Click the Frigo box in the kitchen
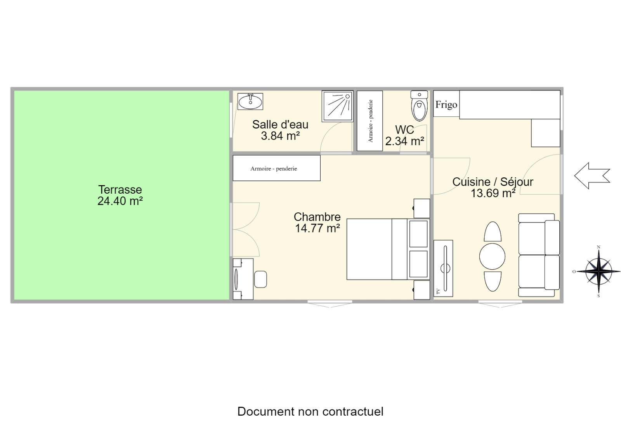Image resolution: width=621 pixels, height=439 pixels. (x=446, y=104)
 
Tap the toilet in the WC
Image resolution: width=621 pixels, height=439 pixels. (x=419, y=106)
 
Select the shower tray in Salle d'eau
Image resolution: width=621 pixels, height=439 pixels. (x=337, y=106)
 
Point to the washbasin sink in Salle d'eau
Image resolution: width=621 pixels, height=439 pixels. (x=250, y=101)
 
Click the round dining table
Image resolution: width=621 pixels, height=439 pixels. (x=492, y=257)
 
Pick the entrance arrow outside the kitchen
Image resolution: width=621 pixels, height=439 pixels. (x=592, y=176)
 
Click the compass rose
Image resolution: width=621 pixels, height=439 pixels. (x=599, y=271)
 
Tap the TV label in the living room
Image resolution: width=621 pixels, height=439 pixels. (x=438, y=291)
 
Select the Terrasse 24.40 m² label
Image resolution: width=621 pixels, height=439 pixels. (x=120, y=195)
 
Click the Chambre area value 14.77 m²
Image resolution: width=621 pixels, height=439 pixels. (x=317, y=228)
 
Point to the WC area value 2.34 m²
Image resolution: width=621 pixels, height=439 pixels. (x=405, y=141)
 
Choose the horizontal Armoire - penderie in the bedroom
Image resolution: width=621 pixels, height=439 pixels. (x=276, y=168)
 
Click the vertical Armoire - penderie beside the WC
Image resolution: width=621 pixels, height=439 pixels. (x=369, y=121)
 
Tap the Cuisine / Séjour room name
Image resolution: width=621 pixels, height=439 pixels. (x=493, y=182)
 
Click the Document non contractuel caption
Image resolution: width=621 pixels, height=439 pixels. (x=310, y=411)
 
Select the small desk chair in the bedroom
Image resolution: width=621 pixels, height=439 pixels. (x=260, y=279)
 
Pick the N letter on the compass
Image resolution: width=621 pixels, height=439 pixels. (x=598, y=247)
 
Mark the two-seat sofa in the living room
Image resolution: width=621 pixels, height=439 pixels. (x=539, y=255)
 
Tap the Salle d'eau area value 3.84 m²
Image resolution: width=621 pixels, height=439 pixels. (x=280, y=136)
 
